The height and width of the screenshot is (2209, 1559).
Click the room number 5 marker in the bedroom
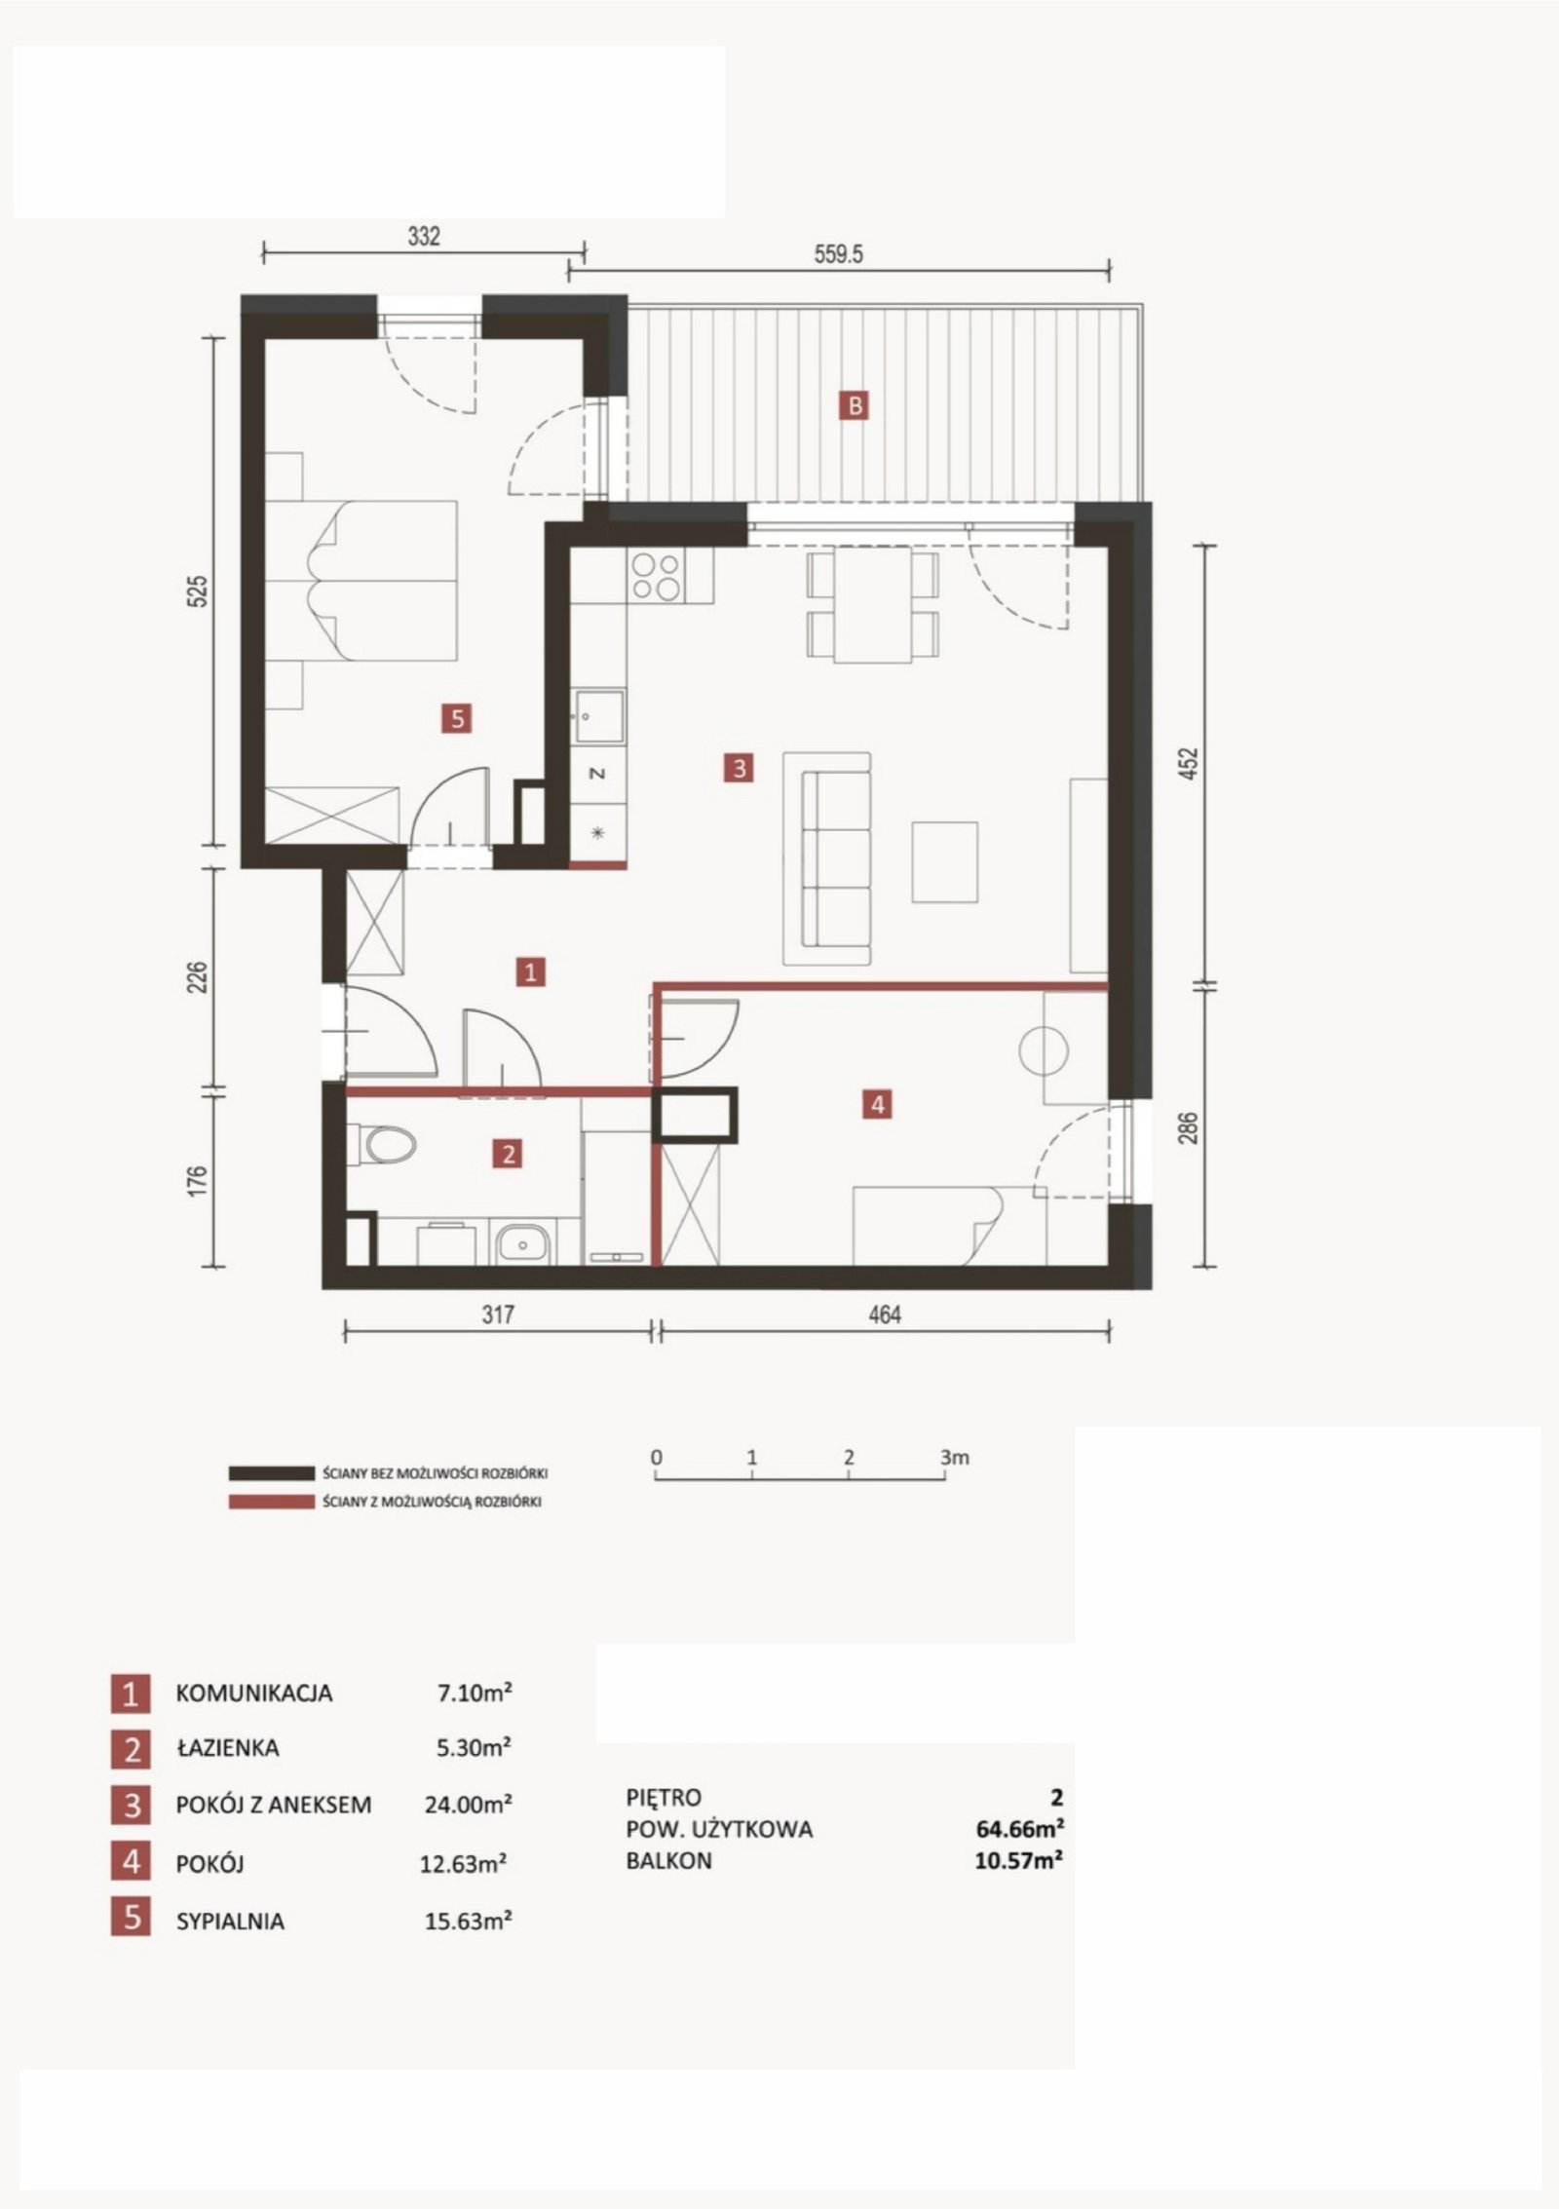click(x=457, y=719)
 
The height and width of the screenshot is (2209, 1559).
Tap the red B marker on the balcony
click(x=855, y=405)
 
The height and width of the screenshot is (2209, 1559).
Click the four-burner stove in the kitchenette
click(x=656, y=576)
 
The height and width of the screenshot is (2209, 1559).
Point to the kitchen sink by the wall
click(x=598, y=717)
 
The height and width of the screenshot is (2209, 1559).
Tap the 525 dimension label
click(x=198, y=591)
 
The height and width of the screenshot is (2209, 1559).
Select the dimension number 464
click(x=884, y=1314)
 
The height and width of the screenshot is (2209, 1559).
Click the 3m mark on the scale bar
click(x=955, y=1458)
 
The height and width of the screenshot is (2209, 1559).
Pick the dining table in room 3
click(x=873, y=604)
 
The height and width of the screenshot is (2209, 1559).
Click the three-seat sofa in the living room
click(x=827, y=858)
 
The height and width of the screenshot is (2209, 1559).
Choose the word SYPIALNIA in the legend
click(x=230, y=1922)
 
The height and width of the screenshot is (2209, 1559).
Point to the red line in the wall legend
click(x=270, y=1502)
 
